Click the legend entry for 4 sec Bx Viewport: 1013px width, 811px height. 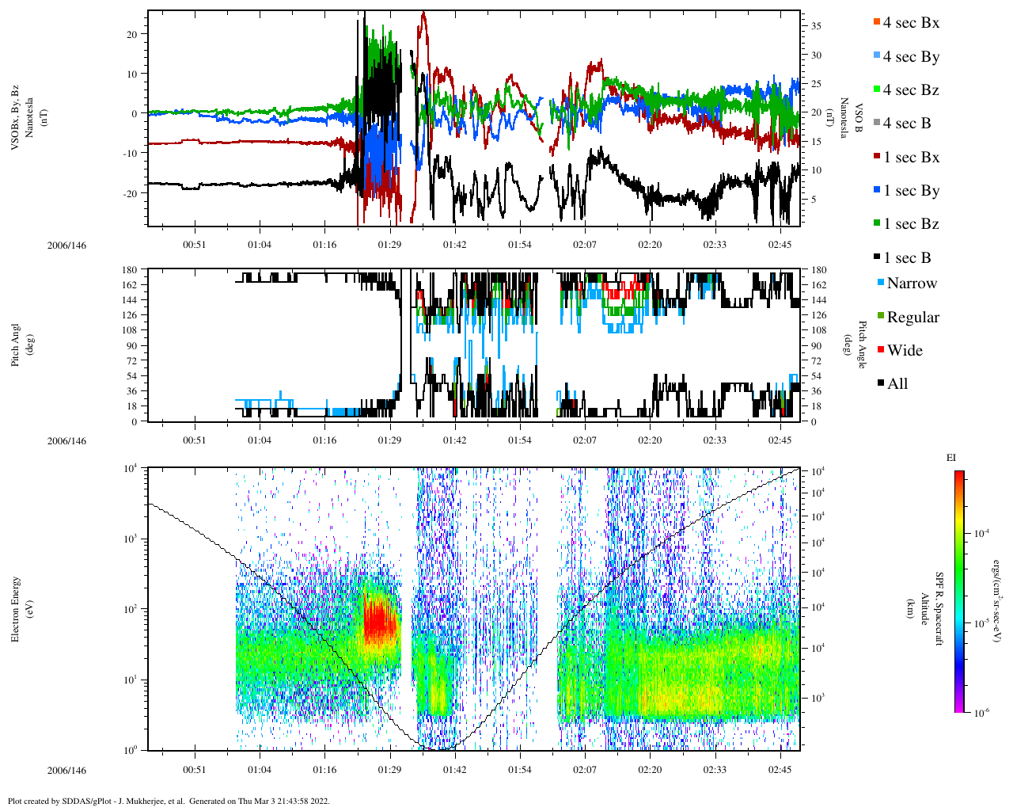[910, 23]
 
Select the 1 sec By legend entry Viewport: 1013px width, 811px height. [910, 191]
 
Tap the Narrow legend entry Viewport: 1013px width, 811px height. [911, 284]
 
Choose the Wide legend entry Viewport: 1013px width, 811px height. [904, 351]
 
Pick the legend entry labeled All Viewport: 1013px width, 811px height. [897, 384]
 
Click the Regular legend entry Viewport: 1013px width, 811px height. [912, 318]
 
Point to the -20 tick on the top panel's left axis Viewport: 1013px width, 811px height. [130, 193]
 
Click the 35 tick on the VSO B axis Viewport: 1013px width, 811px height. [816, 26]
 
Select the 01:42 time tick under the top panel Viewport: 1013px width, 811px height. [454, 245]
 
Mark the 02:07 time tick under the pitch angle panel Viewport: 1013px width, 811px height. [585, 440]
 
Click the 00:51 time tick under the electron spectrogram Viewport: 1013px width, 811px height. [195, 770]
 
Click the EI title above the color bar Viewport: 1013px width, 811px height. [951, 458]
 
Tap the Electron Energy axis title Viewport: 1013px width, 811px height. [16, 609]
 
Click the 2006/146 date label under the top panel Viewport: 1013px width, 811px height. [66, 245]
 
